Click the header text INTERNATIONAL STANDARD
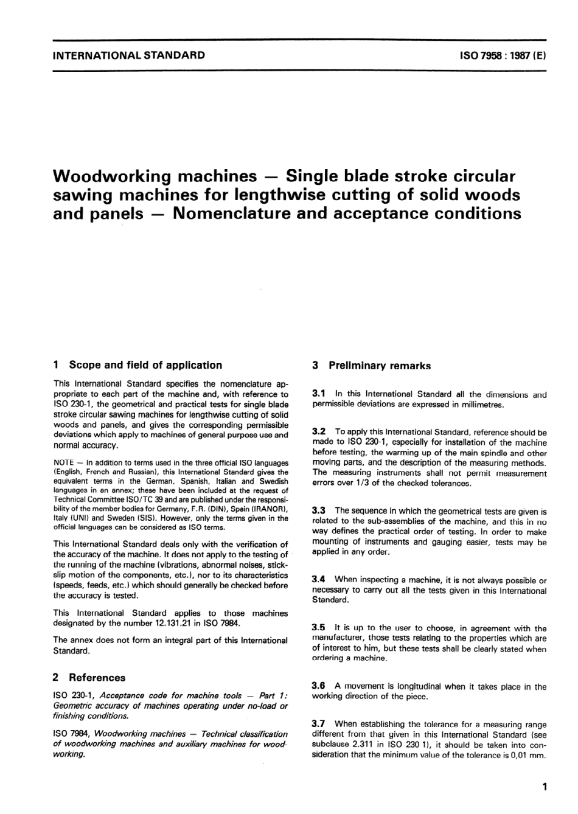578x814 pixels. (129, 55)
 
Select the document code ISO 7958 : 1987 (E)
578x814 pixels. (502, 55)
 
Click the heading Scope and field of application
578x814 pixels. (145, 365)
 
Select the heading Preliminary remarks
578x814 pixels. (379, 366)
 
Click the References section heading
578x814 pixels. (97, 677)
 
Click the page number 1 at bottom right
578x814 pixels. (544, 787)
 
